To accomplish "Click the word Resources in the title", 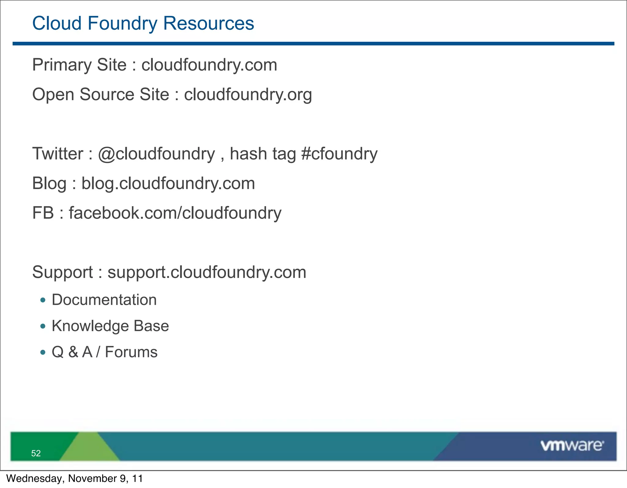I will [208, 23].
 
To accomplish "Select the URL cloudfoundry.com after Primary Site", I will [209, 65].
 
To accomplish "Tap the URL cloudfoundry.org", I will [248, 94].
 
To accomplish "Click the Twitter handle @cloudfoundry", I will [156, 154].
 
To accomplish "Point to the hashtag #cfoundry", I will [339, 154].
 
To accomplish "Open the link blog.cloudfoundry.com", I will [168, 183].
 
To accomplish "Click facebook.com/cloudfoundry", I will [175, 213].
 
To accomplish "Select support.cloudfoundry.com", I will [207, 272].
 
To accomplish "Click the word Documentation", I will [104, 300].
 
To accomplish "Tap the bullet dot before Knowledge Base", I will [43, 326].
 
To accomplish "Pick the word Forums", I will [131, 352].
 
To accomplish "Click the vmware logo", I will [572, 446].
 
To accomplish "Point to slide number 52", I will [36, 453].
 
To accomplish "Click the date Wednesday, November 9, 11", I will [74, 479].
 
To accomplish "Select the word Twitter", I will [58, 154].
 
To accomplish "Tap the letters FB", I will [43, 213].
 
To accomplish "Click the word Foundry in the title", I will [122, 23].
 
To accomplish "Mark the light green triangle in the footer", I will [89, 449].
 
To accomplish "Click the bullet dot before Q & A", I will [43, 353].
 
